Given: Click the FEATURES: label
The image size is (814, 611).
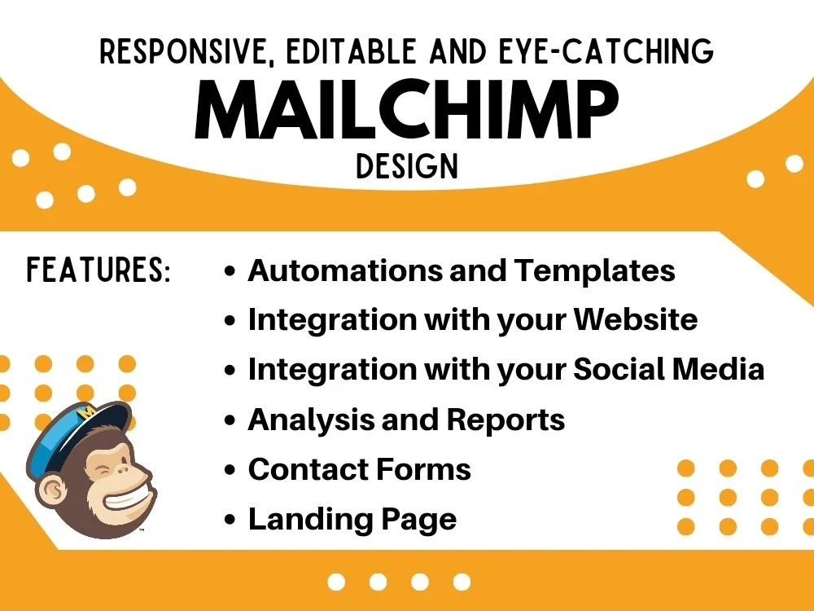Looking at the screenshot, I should pyautogui.click(x=98, y=270).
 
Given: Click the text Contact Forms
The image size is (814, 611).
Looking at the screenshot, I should pyautogui.click(x=359, y=469).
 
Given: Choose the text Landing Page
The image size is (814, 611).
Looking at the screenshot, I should pyautogui.click(x=352, y=519).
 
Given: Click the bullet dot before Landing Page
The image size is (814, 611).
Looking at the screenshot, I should pyautogui.click(x=231, y=520).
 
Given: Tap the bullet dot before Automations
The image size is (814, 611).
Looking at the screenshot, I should pyautogui.click(x=231, y=271).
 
